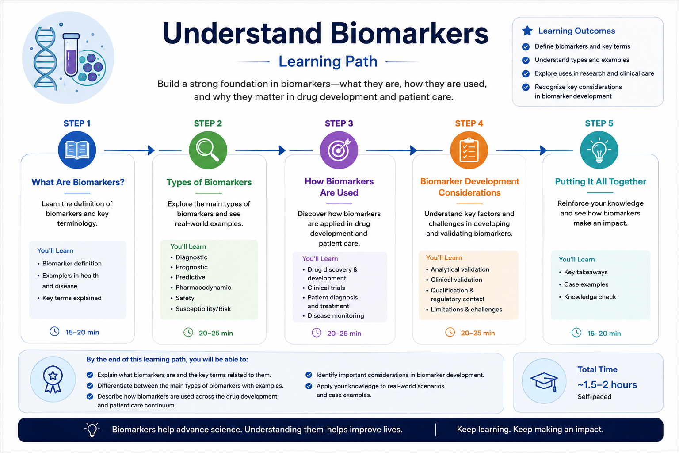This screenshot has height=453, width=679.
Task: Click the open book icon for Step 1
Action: tap(77, 150)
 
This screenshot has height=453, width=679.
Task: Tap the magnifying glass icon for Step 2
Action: tap(208, 150)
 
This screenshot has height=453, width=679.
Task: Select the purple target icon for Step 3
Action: tap(339, 150)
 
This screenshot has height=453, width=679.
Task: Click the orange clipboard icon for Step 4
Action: tap(469, 150)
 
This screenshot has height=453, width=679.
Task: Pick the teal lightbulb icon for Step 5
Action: tap(599, 150)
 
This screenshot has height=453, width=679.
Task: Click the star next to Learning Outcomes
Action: tap(527, 31)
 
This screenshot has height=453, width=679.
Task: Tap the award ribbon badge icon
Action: tap(53, 379)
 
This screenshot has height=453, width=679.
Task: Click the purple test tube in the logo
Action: tap(71, 54)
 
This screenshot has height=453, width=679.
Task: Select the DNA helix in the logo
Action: tap(45, 58)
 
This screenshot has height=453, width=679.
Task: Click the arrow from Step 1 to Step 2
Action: tap(130, 150)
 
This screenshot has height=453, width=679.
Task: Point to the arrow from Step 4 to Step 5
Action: tap(521, 150)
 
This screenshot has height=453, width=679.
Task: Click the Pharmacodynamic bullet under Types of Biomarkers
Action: tap(203, 288)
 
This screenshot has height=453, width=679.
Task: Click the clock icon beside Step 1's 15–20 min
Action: tap(54, 331)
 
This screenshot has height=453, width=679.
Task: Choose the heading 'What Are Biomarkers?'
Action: tap(78, 182)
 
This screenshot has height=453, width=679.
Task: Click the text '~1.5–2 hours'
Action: tap(607, 385)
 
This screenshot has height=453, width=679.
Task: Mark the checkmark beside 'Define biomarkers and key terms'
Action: tap(526, 47)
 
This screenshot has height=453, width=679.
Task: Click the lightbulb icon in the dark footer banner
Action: tap(92, 430)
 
